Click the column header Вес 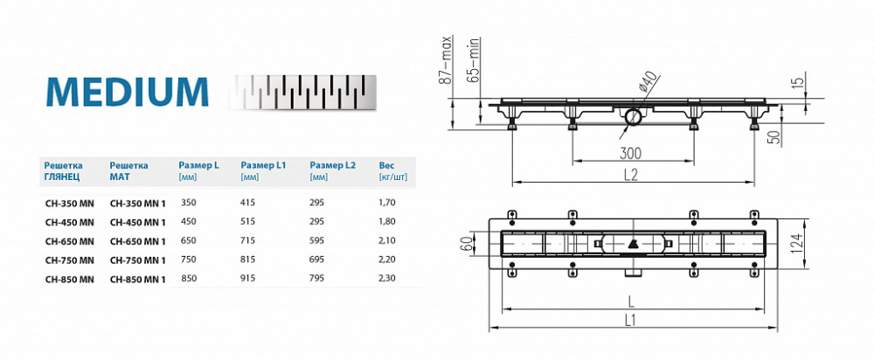click(387, 164)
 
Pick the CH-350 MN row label click(69, 203)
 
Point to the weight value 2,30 click(387, 280)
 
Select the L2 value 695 click(320, 260)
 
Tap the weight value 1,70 click(387, 203)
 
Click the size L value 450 click(188, 222)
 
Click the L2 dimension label click(631, 174)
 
